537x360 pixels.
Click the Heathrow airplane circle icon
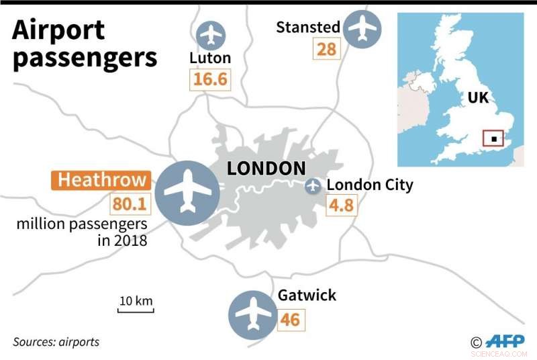coord(187,193)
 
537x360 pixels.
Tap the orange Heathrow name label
coord(101,180)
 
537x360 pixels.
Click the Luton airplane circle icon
coord(211,34)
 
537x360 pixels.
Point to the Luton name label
coord(209,58)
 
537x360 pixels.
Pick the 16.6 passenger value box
coord(209,80)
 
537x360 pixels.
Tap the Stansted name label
coord(308,28)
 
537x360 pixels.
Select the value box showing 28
coord(326,48)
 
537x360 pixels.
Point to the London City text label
coord(369,185)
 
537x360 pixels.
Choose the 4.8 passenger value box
coord(341,206)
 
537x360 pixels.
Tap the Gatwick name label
coord(307,296)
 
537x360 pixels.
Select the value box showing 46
coord(290,319)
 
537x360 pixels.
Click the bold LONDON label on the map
coord(266,169)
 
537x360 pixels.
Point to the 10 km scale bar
coord(136,306)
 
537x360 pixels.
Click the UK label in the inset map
coord(479,97)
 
